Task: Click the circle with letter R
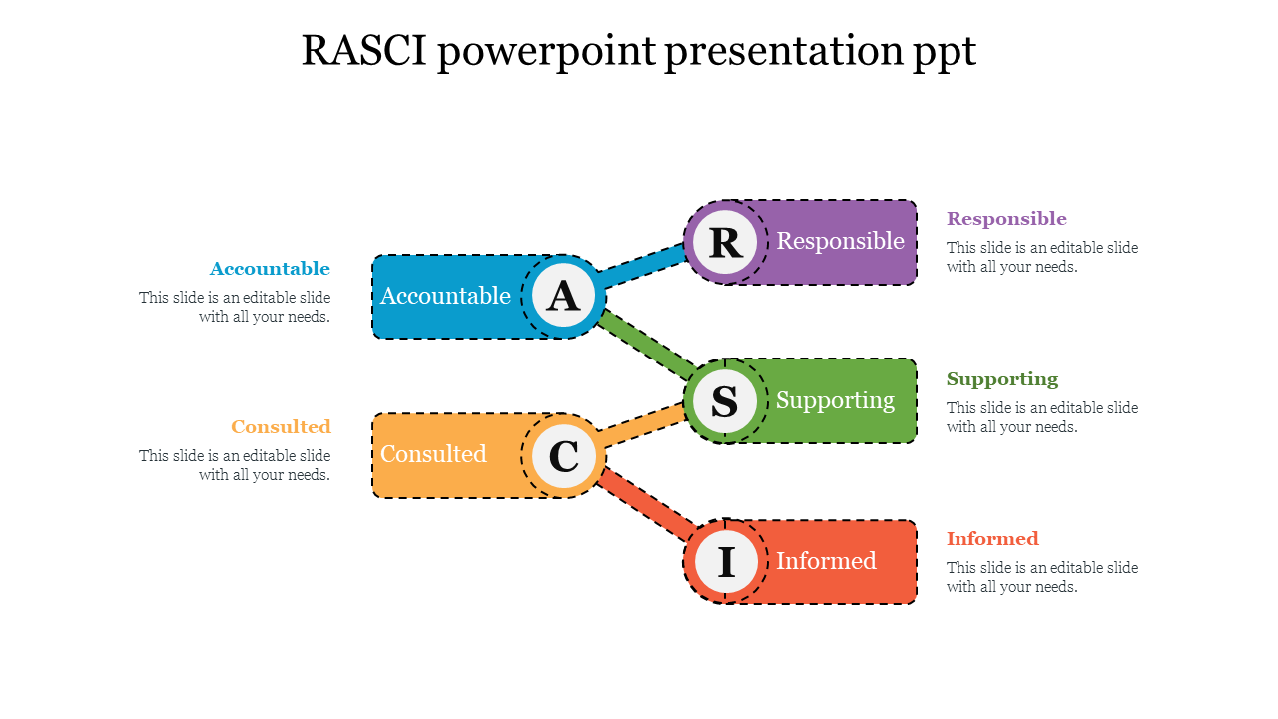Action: pos(725,242)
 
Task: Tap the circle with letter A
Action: pos(564,296)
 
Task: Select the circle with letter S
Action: pos(725,401)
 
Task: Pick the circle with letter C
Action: pos(564,456)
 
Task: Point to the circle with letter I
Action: pos(726,562)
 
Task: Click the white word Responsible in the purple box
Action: pos(840,241)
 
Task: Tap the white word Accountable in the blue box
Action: pos(445,296)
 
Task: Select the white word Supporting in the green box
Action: pos(835,400)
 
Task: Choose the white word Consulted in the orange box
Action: pos(433,454)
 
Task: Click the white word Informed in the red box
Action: pos(826,561)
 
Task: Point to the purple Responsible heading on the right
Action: pos(1006,219)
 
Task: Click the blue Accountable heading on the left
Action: pos(270,269)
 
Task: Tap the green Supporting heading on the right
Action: pos(1002,379)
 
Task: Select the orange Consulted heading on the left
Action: pos(281,427)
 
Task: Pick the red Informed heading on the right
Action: pos(992,539)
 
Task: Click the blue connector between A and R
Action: pos(644,268)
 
